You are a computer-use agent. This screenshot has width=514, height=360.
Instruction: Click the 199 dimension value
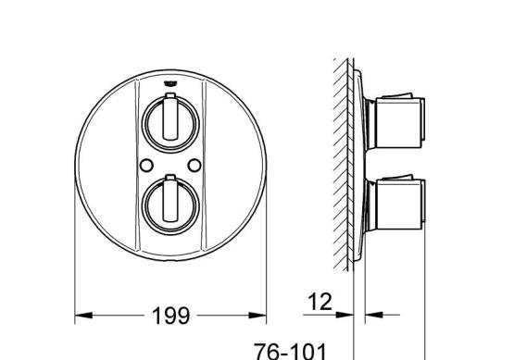coord(170,316)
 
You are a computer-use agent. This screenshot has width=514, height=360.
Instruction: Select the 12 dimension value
coord(320,302)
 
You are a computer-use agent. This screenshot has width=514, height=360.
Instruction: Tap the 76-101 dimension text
coord(291,352)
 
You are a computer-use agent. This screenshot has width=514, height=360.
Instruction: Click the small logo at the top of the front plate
coord(170,84)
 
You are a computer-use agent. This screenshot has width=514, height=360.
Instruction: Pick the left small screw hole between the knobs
coord(146,165)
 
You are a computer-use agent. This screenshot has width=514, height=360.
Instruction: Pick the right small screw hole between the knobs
coord(194,165)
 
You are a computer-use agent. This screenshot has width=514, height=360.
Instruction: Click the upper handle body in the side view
coord(398,122)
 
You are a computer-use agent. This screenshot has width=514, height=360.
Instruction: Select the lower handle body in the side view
coord(398,205)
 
